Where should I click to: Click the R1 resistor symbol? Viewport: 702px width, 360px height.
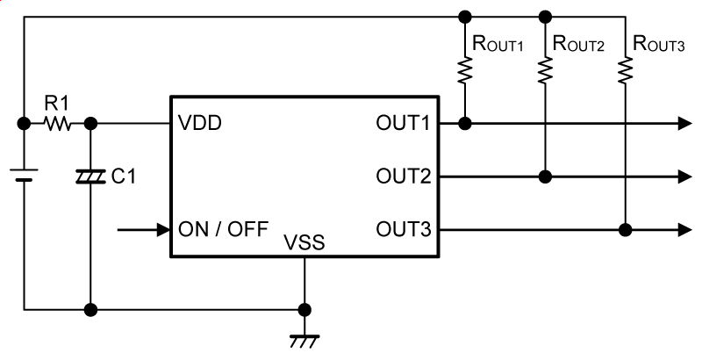click(59, 125)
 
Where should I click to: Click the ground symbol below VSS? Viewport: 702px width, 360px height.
click(304, 337)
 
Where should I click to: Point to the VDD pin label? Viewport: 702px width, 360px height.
click(199, 124)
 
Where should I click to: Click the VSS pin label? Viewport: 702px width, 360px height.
click(304, 243)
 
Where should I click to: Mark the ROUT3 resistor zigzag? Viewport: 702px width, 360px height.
click(625, 71)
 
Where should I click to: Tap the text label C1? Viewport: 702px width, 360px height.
click(125, 177)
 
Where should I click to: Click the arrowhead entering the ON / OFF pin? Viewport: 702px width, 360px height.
click(162, 230)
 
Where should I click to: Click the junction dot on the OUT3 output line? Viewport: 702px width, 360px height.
click(625, 230)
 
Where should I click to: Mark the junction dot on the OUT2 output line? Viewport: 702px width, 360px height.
click(546, 177)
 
